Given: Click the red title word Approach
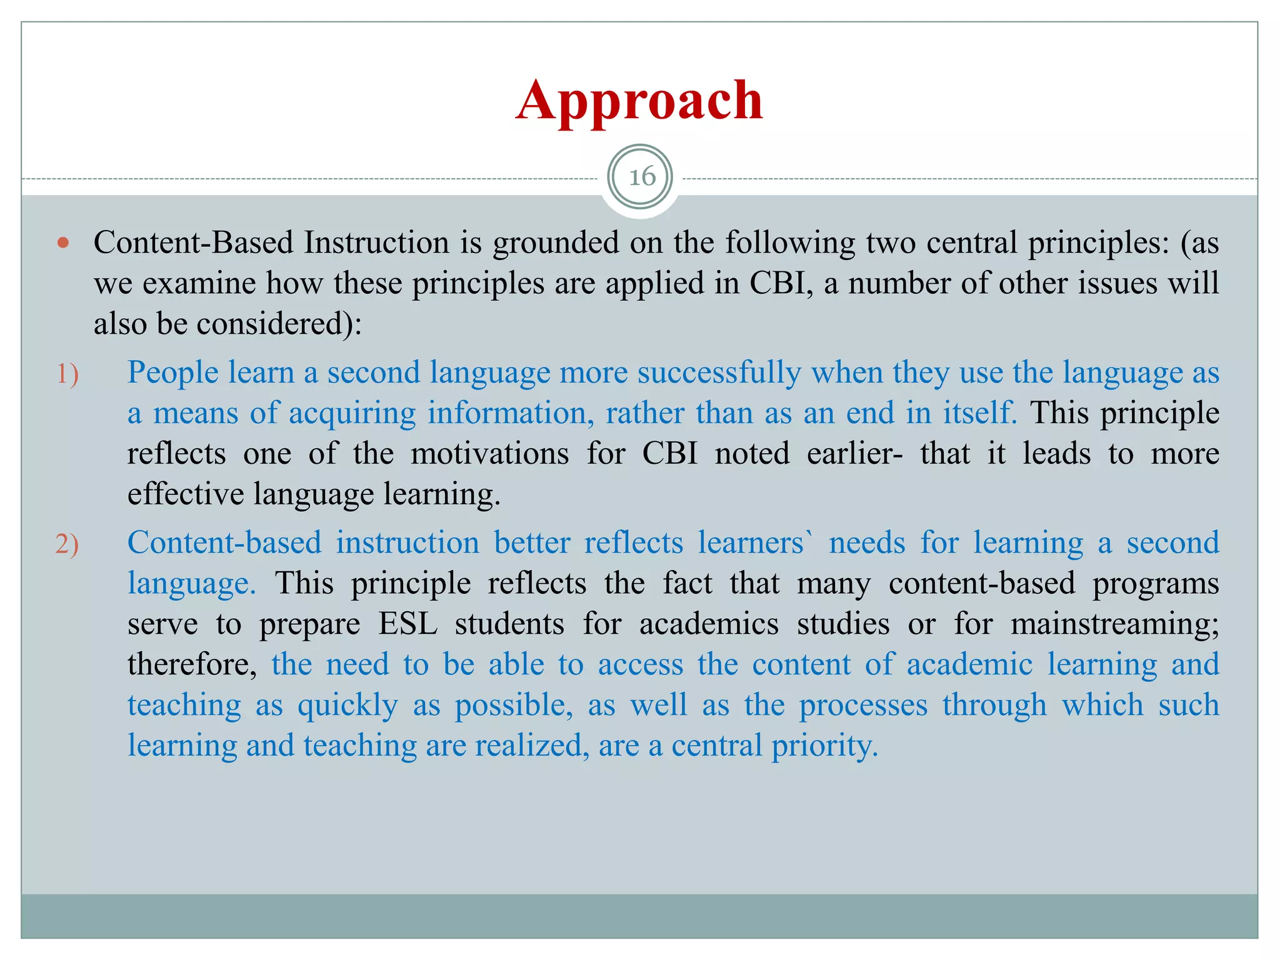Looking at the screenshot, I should pyautogui.click(x=639, y=101).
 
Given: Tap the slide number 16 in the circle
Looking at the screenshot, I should pyautogui.click(x=642, y=177).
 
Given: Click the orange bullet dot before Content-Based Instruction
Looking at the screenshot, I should pyautogui.click(x=62, y=242).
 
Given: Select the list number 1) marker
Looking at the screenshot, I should pyautogui.click(x=67, y=374).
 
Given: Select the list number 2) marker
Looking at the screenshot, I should pyautogui.click(x=67, y=544).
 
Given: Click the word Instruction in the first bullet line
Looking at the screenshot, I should pyautogui.click(x=376, y=242).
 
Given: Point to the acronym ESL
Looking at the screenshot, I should pyautogui.click(x=407, y=624).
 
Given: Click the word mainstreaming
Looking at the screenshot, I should pyautogui.click(x=1114, y=624).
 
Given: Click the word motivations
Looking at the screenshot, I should pyautogui.click(x=490, y=454).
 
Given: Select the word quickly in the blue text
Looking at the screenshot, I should pyautogui.click(x=347, y=706).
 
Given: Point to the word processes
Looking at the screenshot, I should pyautogui.click(x=863, y=706).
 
